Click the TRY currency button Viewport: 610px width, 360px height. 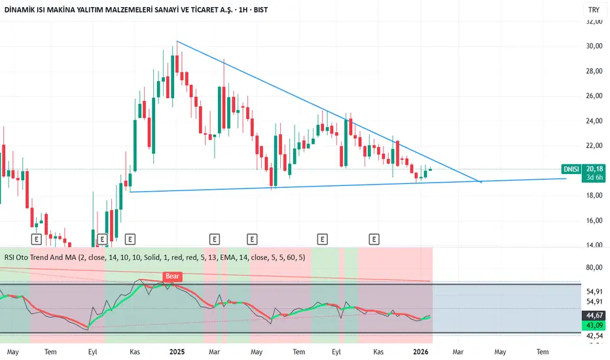[594, 10]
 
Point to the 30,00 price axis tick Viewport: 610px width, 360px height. [594, 46]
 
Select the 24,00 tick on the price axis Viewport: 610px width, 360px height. [594, 121]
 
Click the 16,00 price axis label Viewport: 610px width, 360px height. [594, 221]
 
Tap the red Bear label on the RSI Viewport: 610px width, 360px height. [172, 276]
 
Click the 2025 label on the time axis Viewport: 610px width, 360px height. [177, 351]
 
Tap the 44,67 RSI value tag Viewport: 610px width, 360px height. [594, 315]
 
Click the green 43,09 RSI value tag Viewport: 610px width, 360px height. [594, 325]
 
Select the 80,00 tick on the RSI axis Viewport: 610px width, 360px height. [594, 268]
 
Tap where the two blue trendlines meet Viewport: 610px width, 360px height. [482, 181]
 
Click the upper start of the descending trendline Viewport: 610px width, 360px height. [177, 42]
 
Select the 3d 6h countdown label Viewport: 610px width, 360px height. [594, 177]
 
